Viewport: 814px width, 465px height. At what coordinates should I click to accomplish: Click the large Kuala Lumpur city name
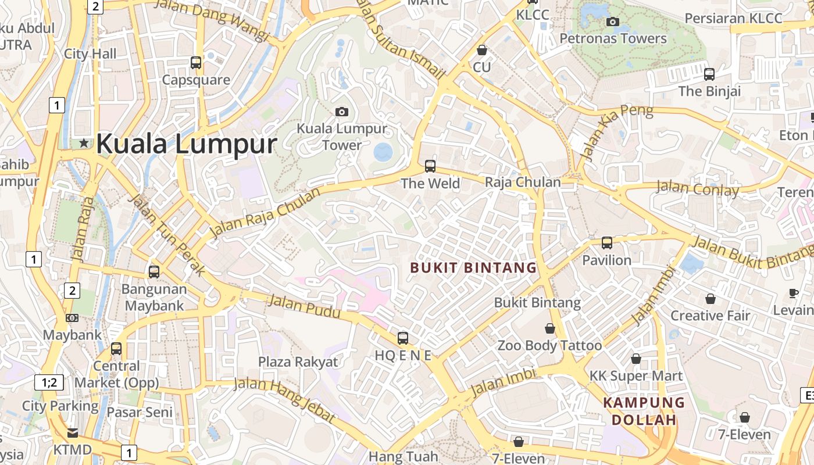tap(186, 144)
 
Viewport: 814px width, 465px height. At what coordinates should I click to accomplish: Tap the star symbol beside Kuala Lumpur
tap(84, 143)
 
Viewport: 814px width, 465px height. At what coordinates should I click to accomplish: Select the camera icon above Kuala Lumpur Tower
tap(342, 112)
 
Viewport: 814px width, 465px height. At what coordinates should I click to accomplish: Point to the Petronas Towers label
tap(613, 39)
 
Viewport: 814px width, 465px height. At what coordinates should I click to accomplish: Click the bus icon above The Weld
tap(430, 166)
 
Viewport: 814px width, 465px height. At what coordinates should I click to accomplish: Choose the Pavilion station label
tap(606, 260)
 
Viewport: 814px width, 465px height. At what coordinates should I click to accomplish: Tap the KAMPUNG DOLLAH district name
tap(644, 411)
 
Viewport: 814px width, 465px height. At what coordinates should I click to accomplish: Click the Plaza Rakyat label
tap(298, 362)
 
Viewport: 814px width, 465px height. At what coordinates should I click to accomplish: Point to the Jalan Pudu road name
tap(304, 306)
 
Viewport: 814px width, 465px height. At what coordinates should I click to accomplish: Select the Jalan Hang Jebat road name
tap(285, 400)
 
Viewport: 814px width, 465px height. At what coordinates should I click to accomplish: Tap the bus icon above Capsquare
tap(196, 63)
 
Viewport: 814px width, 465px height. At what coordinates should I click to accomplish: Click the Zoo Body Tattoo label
tap(549, 345)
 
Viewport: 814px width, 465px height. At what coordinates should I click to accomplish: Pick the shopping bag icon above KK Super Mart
tap(636, 359)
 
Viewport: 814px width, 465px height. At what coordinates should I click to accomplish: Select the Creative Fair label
tap(710, 316)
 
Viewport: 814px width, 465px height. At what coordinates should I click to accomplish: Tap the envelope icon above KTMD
tap(73, 432)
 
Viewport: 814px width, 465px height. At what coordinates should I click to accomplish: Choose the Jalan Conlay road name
tap(697, 188)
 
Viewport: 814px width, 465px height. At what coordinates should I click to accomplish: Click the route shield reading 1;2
tap(49, 382)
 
